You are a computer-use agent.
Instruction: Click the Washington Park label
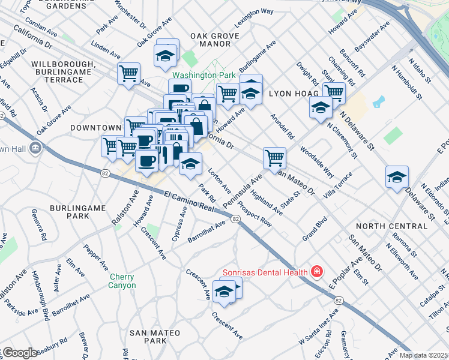[x=194, y=76]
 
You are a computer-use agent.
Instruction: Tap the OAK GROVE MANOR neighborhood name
[x=211, y=40]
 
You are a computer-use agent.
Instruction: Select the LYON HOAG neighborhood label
[x=291, y=94]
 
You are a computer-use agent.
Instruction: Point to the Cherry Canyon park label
[x=126, y=281]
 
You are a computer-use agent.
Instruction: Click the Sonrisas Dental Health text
[x=265, y=272]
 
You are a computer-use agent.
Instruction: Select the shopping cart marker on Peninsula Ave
[x=274, y=158]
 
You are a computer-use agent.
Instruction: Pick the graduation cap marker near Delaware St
[x=397, y=177]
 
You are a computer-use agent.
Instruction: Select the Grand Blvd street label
[x=314, y=229]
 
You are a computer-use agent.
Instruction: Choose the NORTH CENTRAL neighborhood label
[x=393, y=226]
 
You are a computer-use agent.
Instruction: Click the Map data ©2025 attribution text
[x=424, y=355]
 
